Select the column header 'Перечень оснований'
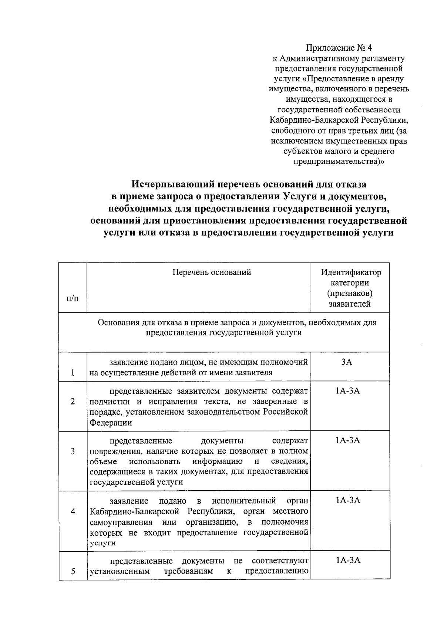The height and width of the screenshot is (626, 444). click(x=212, y=273)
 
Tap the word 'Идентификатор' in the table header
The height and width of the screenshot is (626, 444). click(x=351, y=273)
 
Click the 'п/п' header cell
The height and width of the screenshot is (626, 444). click(x=72, y=298)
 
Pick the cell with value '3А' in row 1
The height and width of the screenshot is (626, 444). click(x=347, y=362)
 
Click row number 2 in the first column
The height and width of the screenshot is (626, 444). click(x=73, y=402)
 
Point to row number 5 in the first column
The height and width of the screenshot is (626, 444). click(x=73, y=571)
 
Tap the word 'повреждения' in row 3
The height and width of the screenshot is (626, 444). click(x=115, y=451)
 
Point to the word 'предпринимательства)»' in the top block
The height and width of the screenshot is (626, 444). click(x=339, y=162)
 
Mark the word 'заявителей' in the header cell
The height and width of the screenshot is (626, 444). click(x=350, y=304)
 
